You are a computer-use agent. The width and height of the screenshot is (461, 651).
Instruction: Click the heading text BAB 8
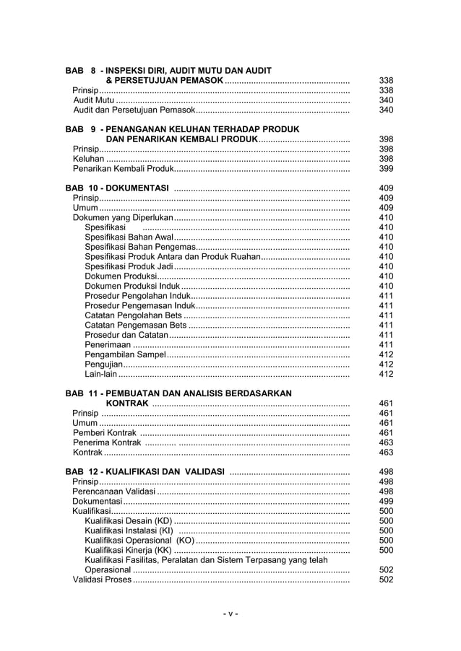click(81, 71)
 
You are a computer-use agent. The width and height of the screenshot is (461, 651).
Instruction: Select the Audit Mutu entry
click(94, 100)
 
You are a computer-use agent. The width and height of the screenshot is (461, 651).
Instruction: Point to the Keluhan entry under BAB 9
click(88, 159)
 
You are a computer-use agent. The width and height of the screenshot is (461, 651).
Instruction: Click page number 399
click(386, 169)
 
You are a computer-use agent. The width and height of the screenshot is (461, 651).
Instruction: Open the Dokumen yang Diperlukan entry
click(123, 217)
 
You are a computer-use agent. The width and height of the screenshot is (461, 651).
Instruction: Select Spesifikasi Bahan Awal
click(129, 237)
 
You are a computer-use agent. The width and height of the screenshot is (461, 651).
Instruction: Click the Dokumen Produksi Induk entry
click(132, 286)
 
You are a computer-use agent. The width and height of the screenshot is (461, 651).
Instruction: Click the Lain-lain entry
click(100, 374)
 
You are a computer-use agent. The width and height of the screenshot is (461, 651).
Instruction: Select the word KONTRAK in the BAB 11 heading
click(127, 403)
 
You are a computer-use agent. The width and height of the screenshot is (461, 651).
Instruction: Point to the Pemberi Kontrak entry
click(105, 433)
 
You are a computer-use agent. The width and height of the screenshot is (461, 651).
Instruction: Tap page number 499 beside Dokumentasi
click(386, 501)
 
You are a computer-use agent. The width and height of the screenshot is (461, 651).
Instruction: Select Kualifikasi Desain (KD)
click(129, 520)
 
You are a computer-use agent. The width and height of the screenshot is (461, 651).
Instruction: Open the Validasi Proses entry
click(102, 580)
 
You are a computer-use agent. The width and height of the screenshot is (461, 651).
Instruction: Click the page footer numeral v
click(230, 614)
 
